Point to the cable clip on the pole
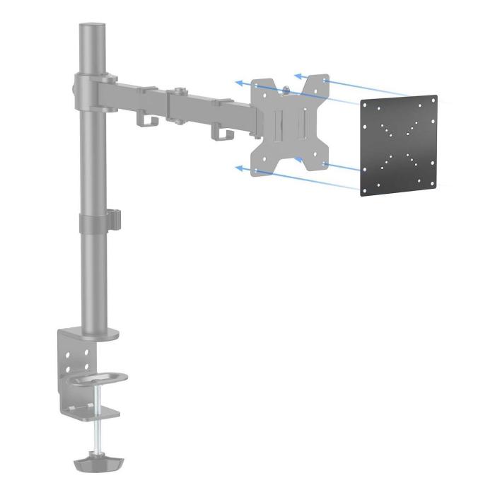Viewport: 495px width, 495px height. tap(114, 219)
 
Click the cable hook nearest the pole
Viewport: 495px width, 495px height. tap(146, 121)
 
